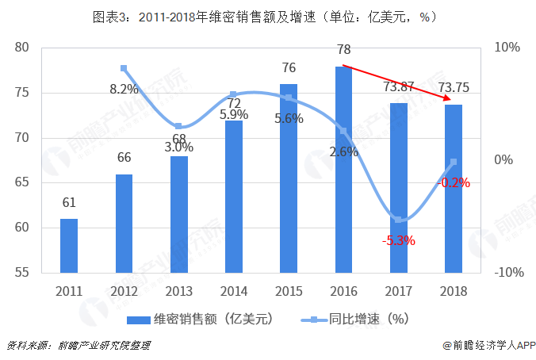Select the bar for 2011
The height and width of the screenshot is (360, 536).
[x=69, y=245]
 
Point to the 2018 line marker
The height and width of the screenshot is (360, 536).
[x=454, y=163]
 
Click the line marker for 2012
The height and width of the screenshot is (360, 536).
[x=124, y=69]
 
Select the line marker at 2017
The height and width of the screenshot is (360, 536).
[x=399, y=220]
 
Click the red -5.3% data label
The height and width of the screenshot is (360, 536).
[x=398, y=240]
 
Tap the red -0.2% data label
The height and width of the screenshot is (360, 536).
[x=454, y=182]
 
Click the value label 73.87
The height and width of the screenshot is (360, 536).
[x=399, y=87]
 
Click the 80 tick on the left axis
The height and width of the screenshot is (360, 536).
[x=22, y=48]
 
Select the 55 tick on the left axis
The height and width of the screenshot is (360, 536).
[x=22, y=273]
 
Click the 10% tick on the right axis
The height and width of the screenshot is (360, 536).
[x=507, y=48]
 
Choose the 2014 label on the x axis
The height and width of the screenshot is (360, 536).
[x=234, y=290]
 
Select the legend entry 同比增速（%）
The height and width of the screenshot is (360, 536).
[x=354, y=320]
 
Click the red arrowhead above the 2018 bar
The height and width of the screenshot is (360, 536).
[x=450, y=100]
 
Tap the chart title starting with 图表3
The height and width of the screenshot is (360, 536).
[x=267, y=16]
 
